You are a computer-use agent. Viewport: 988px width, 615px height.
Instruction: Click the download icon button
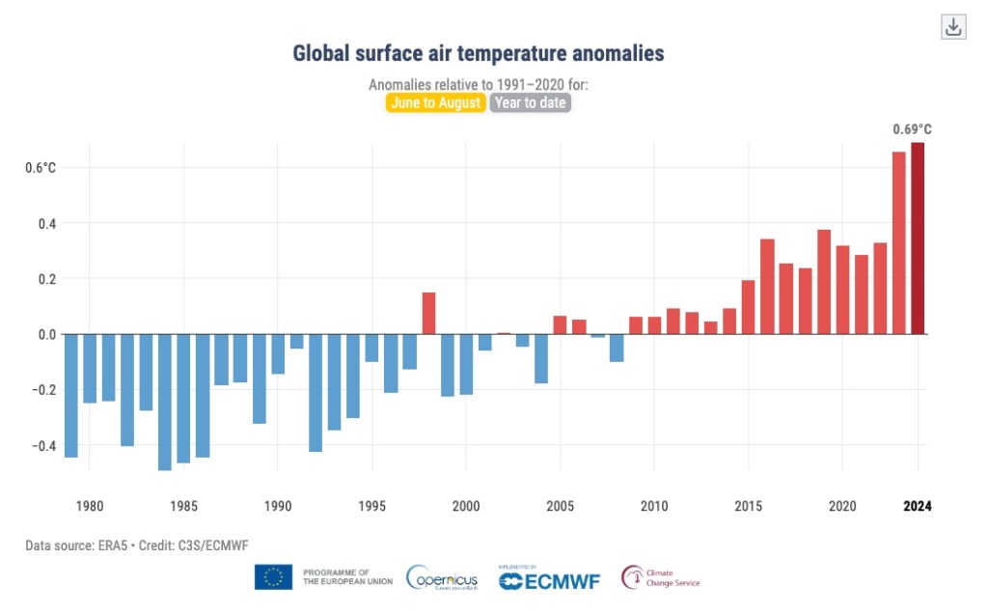click(x=953, y=27)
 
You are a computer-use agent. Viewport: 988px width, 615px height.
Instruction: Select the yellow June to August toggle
click(x=435, y=102)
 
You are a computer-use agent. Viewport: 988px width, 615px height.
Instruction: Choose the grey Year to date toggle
click(x=531, y=102)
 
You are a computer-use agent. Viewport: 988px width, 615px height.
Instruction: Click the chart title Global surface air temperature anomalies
click(x=479, y=53)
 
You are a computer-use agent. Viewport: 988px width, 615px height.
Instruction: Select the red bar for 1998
click(x=428, y=313)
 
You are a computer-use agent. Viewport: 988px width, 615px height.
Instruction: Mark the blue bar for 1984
click(x=165, y=402)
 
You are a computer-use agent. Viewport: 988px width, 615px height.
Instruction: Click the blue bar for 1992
click(x=316, y=392)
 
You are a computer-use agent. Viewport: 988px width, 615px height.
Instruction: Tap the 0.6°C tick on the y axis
click(x=41, y=168)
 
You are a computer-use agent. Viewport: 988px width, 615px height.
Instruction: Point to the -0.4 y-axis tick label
click(x=42, y=445)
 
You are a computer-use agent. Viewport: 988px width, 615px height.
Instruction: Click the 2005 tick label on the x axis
click(x=560, y=505)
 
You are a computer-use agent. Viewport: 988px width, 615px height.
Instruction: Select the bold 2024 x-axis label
click(x=918, y=505)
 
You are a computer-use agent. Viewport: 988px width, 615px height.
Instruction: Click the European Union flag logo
click(x=273, y=577)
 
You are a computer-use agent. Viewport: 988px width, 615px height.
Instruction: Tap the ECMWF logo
click(x=547, y=579)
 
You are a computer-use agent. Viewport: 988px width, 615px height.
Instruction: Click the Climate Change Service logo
click(x=661, y=577)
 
